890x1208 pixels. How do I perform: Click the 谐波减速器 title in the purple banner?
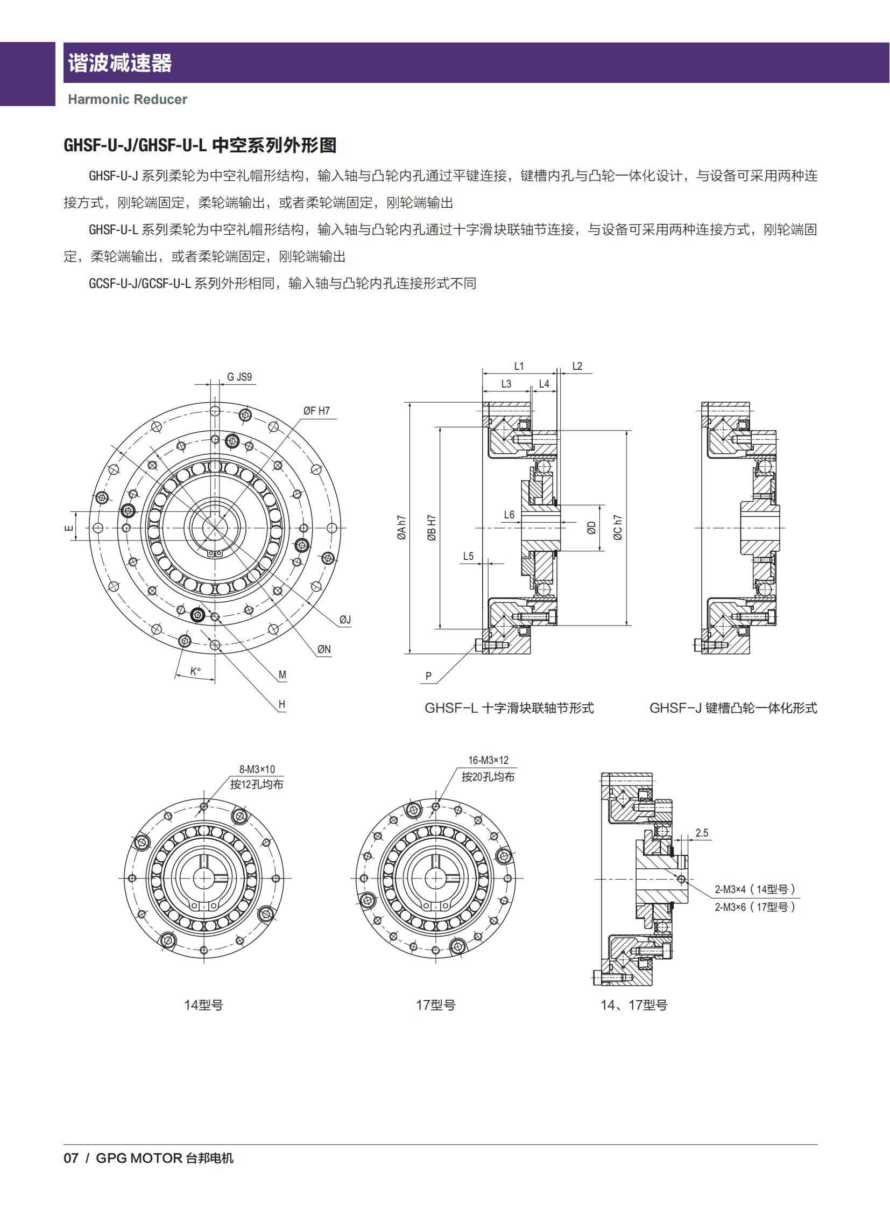(119, 63)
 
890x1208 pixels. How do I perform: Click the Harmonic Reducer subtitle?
(127, 99)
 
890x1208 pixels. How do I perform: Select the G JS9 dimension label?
(239, 377)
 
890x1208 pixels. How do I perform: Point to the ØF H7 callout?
(316, 411)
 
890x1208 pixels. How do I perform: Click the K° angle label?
(195, 671)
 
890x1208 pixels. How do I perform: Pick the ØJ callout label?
(345, 620)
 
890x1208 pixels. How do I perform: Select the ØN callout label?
(324, 650)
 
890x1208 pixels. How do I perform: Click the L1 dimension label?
(519, 366)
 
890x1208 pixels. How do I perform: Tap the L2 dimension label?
(577, 366)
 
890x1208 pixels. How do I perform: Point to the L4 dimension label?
(544, 384)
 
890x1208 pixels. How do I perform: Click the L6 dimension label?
(509, 515)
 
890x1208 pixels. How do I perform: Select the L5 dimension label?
(468, 556)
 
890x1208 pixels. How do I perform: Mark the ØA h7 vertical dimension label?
(402, 528)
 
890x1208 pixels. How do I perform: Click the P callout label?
(428, 676)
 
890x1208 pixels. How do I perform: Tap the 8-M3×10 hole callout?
(257, 769)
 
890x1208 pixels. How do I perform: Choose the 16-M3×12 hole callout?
(488, 760)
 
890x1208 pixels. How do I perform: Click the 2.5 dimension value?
(702, 833)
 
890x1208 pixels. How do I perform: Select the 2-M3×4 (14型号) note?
(755, 889)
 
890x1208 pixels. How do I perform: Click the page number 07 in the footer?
(71, 1158)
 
